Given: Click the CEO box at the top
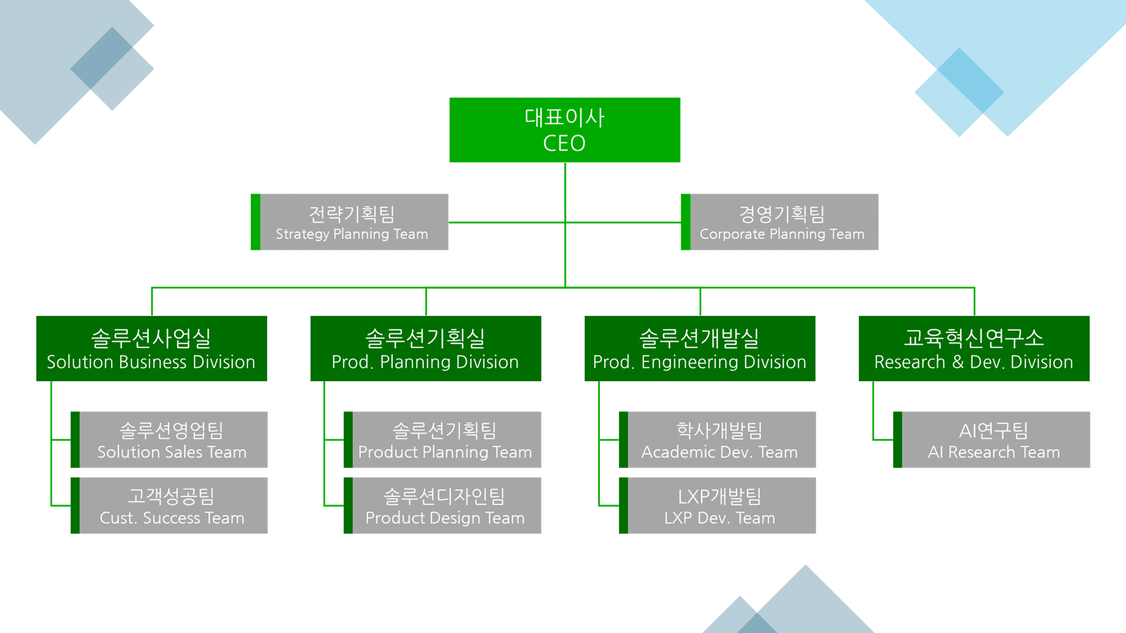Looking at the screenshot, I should [x=564, y=130].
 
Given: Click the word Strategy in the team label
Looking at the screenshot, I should [x=302, y=234].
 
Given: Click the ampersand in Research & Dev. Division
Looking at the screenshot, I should [x=957, y=362].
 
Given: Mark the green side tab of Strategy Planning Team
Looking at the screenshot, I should [x=255, y=222].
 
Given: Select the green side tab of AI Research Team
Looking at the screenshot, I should [x=897, y=440].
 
